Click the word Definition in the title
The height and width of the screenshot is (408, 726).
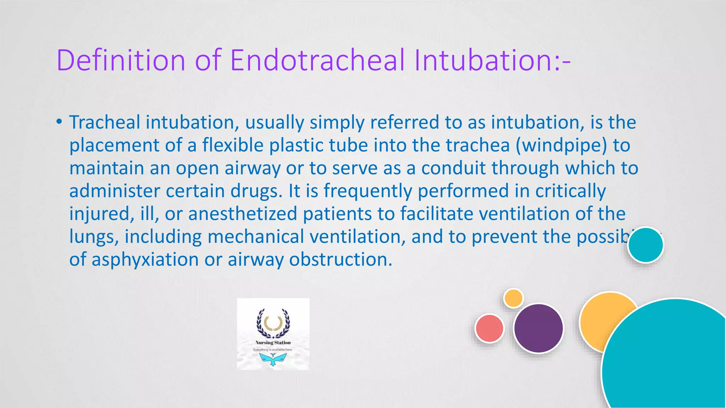click(121, 60)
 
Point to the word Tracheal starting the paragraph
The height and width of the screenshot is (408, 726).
click(105, 123)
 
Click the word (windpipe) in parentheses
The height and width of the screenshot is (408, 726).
click(561, 146)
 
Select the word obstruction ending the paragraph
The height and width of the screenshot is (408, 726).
click(341, 260)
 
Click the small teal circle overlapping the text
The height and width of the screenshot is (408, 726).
click(645, 245)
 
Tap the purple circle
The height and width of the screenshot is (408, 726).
click(538, 328)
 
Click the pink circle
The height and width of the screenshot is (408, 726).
click(489, 328)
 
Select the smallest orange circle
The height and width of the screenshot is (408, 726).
click(513, 298)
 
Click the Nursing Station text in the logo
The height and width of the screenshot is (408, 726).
click(273, 342)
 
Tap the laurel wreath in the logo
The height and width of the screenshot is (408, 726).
click(273, 323)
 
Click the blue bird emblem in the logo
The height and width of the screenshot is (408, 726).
click(273, 359)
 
